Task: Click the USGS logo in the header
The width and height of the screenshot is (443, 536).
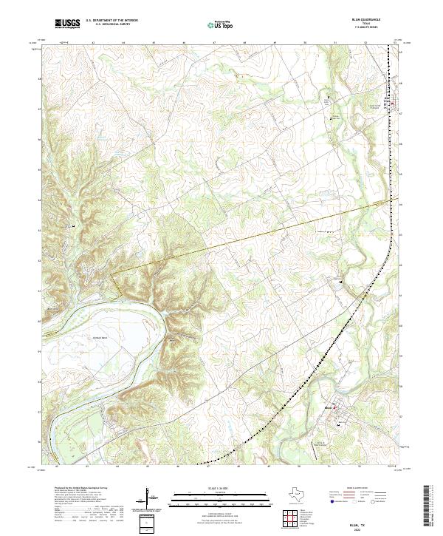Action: pyautogui.click(x=68, y=24)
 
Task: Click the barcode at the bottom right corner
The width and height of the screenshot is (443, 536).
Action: pyautogui.click(x=427, y=509)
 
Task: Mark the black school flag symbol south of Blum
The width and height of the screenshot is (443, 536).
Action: pyautogui.click(x=338, y=426)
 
